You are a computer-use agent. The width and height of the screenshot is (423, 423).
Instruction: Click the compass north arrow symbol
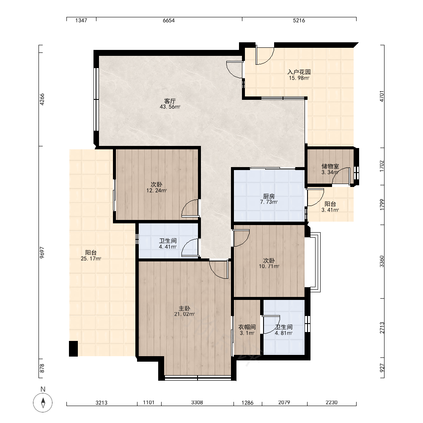click(x=43, y=403)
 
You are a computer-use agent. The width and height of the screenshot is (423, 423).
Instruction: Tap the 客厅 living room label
click(x=170, y=101)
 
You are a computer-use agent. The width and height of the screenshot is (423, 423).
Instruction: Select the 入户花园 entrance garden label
click(x=299, y=72)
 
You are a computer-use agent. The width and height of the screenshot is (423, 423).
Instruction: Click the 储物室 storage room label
click(x=330, y=166)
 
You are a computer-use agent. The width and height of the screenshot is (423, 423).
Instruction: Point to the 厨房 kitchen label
click(x=269, y=196)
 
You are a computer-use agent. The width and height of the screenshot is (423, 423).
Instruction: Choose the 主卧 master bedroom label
click(x=184, y=308)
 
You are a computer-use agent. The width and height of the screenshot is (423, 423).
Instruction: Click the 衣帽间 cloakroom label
click(x=247, y=327)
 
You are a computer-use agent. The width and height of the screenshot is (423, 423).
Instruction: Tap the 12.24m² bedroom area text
click(x=157, y=191)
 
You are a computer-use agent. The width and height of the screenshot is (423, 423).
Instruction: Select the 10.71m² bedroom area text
click(x=269, y=266)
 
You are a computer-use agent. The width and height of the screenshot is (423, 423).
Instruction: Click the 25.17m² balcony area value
click(x=91, y=259)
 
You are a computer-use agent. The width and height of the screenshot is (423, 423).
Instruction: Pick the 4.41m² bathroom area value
click(x=168, y=247)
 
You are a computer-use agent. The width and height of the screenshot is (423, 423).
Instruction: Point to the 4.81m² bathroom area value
click(x=284, y=333)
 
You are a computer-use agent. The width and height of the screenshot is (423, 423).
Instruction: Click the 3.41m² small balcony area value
click(x=330, y=210)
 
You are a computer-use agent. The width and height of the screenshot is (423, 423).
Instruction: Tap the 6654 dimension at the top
click(x=169, y=20)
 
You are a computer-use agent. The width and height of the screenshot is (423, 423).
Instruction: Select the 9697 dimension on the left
click(x=42, y=253)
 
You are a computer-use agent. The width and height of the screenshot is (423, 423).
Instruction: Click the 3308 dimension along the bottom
click(x=197, y=403)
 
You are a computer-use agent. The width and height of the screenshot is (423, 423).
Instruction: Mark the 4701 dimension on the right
click(x=382, y=96)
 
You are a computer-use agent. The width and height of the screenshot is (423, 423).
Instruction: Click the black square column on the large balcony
click(x=73, y=349)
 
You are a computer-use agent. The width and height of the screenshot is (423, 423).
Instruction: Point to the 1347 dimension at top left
click(x=81, y=20)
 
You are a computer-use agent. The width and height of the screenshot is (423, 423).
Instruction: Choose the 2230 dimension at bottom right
click(x=332, y=403)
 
